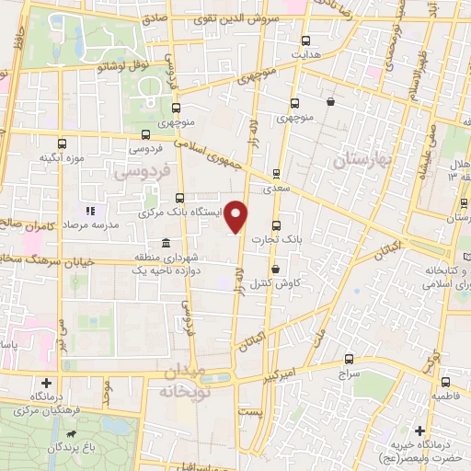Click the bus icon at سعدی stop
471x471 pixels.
pos(276,172)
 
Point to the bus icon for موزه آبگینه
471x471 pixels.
pos(62,144)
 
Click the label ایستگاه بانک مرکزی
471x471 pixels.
pos(183,212)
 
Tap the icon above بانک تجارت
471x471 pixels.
pos(276,225)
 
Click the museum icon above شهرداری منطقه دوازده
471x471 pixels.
pos(165,243)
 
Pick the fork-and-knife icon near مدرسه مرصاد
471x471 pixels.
pos(91,211)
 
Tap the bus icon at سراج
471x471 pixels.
pos(348,360)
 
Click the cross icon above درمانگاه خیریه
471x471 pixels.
pos(419,431)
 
